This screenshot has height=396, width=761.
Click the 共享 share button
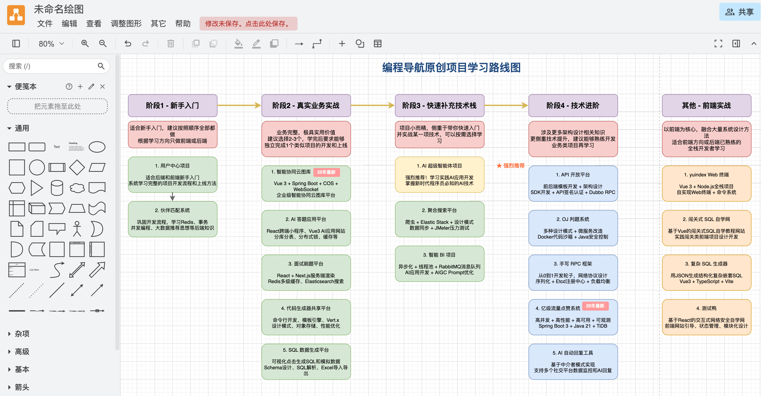click(x=739, y=12)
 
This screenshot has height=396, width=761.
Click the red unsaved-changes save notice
click(x=248, y=23)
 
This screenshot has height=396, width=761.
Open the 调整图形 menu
click(x=126, y=23)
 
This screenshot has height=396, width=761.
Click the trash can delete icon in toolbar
click(x=170, y=44)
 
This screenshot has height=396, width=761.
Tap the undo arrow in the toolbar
click(x=128, y=44)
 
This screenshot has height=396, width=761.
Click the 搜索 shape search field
click(x=56, y=66)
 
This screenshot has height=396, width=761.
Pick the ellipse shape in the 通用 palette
click(x=97, y=147)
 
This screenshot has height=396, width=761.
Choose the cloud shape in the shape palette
click(x=77, y=188)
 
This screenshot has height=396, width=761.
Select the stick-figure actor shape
click(x=77, y=229)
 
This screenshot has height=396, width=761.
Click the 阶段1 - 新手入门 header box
click(x=172, y=106)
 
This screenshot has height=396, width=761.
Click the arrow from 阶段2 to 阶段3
click(x=373, y=105)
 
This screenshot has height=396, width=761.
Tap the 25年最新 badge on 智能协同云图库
click(x=326, y=172)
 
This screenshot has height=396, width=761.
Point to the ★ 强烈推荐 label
click(x=510, y=166)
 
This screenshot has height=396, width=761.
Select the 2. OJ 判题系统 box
click(x=573, y=228)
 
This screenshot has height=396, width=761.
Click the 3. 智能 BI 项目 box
click(x=439, y=263)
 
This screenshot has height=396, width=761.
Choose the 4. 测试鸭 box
click(x=706, y=317)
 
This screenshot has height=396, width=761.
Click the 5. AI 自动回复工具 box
click(x=573, y=361)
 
